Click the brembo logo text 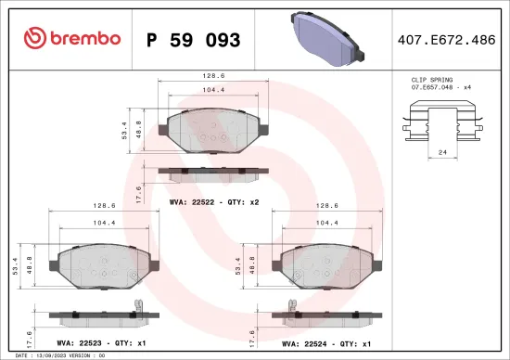[83, 38]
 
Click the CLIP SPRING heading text [430, 81]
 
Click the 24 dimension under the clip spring [443, 151]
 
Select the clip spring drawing [443, 123]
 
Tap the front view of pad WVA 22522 [214, 128]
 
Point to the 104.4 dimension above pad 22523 [103, 223]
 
